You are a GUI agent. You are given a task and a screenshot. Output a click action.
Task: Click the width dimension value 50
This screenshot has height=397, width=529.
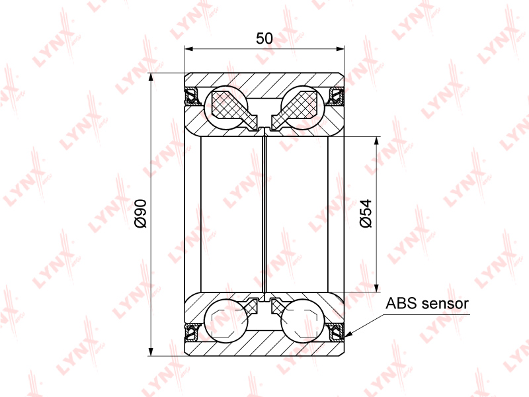click(264, 38)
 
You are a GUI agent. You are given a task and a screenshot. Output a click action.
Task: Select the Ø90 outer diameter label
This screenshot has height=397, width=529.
click(140, 214)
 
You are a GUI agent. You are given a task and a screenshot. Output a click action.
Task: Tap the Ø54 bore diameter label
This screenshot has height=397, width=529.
click(366, 213)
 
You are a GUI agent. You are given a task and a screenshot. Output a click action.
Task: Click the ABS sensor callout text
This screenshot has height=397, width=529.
click(427, 303)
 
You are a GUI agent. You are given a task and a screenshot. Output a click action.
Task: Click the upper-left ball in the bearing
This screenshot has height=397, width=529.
click(226, 108)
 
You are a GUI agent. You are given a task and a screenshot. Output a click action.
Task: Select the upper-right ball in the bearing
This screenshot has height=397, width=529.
click(303, 108)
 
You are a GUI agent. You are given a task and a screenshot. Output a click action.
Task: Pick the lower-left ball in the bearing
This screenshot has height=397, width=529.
click(226, 321)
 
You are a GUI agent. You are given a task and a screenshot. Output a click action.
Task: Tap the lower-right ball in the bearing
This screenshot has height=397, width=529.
click(303, 321)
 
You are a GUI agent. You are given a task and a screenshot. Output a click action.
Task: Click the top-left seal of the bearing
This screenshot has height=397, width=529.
click(192, 96)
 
